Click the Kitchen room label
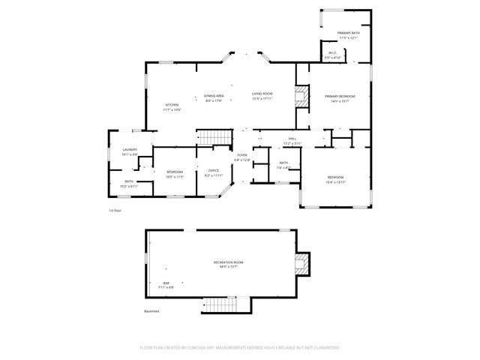172,104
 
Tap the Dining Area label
214,96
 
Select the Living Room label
262,93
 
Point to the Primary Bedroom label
339,96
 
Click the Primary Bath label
348,33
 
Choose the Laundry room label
130,150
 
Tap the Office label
213,171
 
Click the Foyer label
242,154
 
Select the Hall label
292,139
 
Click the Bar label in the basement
166,283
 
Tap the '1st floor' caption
115,211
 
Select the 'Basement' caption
152,310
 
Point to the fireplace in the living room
301,98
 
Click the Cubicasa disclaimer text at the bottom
240,347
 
